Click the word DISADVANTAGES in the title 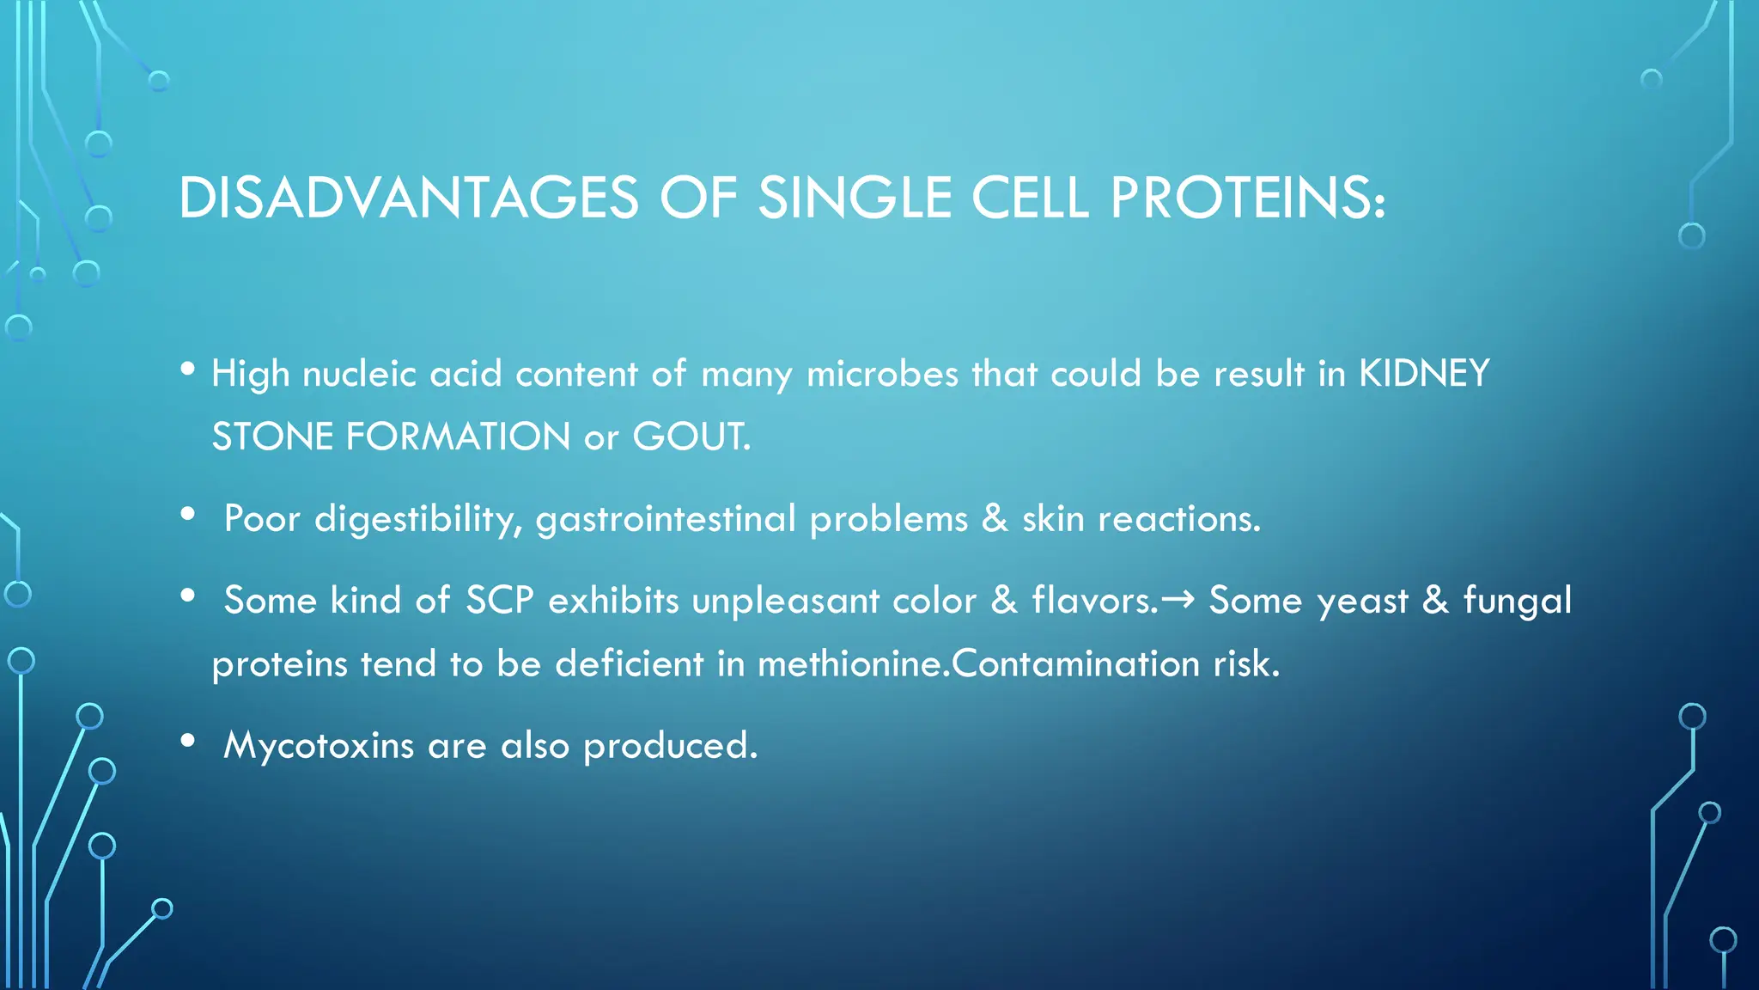pos(409,199)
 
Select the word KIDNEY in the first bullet pos(1423,374)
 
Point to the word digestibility pos(418,519)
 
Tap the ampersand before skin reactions pos(995,518)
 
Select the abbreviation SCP pos(499,600)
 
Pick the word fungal pos(1517,600)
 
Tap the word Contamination pos(1076,664)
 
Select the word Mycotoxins pos(319,745)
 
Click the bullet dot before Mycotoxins pos(188,741)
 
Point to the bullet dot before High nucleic pos(188,370)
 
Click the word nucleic pos(359,374)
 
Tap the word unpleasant pos(785,601)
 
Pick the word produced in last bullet pos(669,745)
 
